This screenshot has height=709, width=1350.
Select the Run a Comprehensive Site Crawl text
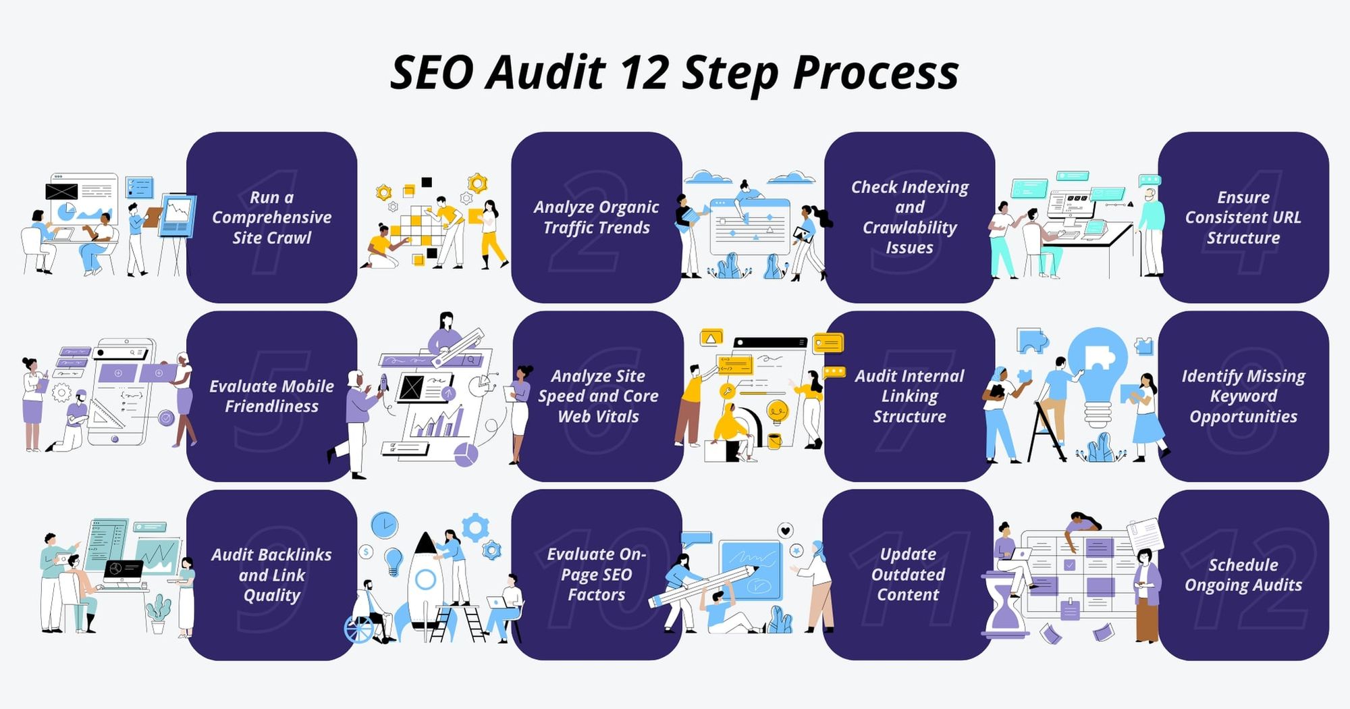tap(271, 217)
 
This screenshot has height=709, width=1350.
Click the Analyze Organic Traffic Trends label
tap(596, 217)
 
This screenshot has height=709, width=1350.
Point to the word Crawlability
tap(909, 228)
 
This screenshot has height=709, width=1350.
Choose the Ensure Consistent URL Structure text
tap(1243, 217)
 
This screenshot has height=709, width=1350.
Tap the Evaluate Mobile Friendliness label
tap(271, 396)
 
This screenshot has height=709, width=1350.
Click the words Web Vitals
tap(598, 417)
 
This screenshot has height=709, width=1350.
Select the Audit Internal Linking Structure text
tap(909, 396)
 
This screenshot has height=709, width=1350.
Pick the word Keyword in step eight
tap(1243, 396)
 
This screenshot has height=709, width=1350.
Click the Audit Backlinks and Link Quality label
tap(271, 575)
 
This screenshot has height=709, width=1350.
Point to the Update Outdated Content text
tap(908, 575)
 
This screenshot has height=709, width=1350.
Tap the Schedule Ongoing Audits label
tap(1243, 575)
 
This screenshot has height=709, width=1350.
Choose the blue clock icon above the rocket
tap(384, 525)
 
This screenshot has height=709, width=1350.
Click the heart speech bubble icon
tap(785, 531)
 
